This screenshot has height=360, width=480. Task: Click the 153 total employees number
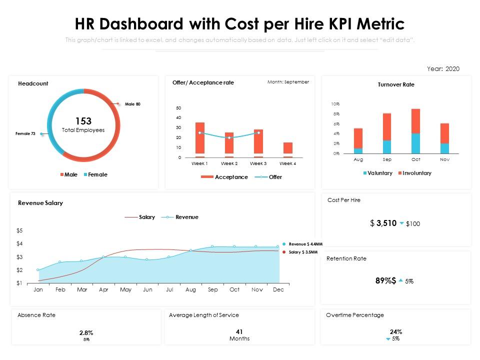click(83, 121)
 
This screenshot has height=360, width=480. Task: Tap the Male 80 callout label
click(132, 104)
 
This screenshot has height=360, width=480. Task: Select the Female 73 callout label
click(25, 133)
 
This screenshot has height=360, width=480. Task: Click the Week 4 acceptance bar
click(287, 148)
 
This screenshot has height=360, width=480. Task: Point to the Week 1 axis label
click(199, 163)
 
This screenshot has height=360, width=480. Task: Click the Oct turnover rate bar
click(415, 131)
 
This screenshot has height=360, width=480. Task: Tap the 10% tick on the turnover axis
click(335, 104)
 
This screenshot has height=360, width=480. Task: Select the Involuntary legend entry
click(414, 173)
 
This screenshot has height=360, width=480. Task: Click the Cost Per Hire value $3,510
click(383, 223)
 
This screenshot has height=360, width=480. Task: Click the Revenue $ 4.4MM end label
click(302, 244)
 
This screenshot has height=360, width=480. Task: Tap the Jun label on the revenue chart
click(147, 289)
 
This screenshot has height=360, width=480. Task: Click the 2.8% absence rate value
click(86, 332)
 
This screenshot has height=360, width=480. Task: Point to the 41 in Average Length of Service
click(239, 331)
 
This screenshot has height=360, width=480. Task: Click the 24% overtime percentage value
click(396, 331)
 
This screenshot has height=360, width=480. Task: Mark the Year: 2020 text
click(443, 69)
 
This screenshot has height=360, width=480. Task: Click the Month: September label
click(288, 82)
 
